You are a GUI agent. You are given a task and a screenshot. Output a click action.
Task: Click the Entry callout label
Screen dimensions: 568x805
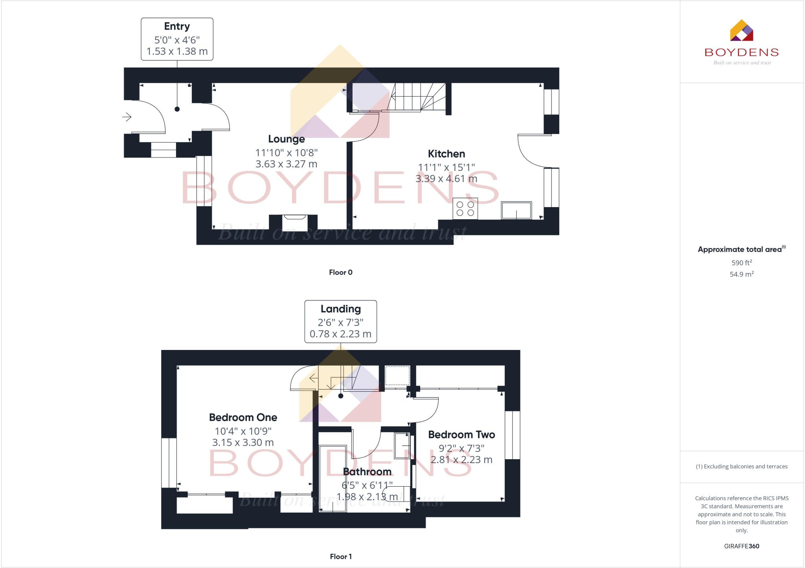(177, 27)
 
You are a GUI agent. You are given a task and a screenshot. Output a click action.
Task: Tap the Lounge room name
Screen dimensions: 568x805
(286, 139)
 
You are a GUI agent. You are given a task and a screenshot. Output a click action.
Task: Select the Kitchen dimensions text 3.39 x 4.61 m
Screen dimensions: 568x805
(446, 179)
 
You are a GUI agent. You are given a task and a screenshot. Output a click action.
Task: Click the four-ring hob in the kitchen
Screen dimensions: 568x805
(465, 209)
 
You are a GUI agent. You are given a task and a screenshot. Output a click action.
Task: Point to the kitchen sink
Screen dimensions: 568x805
(516, 211)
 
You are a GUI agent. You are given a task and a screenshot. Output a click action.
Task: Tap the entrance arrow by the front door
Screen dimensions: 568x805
(127, 117)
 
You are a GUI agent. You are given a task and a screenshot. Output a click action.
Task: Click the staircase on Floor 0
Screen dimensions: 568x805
(417, 97)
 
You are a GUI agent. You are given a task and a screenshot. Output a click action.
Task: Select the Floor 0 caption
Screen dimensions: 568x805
(340, 272)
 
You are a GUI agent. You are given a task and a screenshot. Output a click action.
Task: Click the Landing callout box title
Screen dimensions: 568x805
(340, 309)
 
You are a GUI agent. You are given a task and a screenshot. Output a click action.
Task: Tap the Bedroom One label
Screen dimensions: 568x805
(243, 418)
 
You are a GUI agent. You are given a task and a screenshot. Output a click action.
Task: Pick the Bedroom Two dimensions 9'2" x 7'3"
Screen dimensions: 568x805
(461, 448)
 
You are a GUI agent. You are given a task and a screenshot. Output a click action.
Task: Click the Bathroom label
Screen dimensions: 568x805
(367, 472)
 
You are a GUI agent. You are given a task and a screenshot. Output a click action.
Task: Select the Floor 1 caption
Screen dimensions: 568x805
(340, 557)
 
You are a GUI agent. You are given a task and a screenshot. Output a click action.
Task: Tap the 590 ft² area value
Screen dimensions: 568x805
(741, 263)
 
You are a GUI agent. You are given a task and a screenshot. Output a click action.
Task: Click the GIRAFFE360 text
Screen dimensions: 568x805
(741, 546)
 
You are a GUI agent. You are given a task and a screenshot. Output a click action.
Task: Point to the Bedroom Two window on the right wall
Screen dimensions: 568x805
(512, 435)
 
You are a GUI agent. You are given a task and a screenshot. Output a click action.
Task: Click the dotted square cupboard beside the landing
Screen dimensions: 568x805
(397, 376)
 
